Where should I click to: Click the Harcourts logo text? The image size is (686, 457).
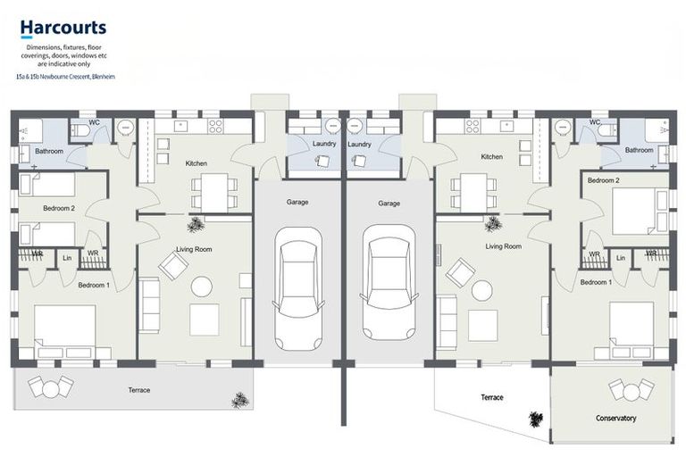click(63, 29)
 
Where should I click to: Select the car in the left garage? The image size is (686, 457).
click(298, 287)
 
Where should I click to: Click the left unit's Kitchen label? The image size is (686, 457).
click(197, 163)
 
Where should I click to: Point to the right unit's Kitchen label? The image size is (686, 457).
click(492, 156)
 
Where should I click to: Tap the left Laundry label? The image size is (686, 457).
click(324, 144)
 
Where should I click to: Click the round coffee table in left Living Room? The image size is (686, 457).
click(202, 287)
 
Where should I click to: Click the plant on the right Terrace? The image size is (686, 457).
click(536, 420)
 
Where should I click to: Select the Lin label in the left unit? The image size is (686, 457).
click(68, 258)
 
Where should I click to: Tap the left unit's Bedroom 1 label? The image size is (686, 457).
click(94, 285)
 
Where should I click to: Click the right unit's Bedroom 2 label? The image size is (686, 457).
click(604, 180)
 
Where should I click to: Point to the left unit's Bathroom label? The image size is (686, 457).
click(49, 151)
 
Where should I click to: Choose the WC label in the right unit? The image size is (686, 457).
click(594, 122)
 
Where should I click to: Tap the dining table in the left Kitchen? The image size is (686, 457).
click(213, 189)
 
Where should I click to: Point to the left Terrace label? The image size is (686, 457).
click(138, 390)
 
